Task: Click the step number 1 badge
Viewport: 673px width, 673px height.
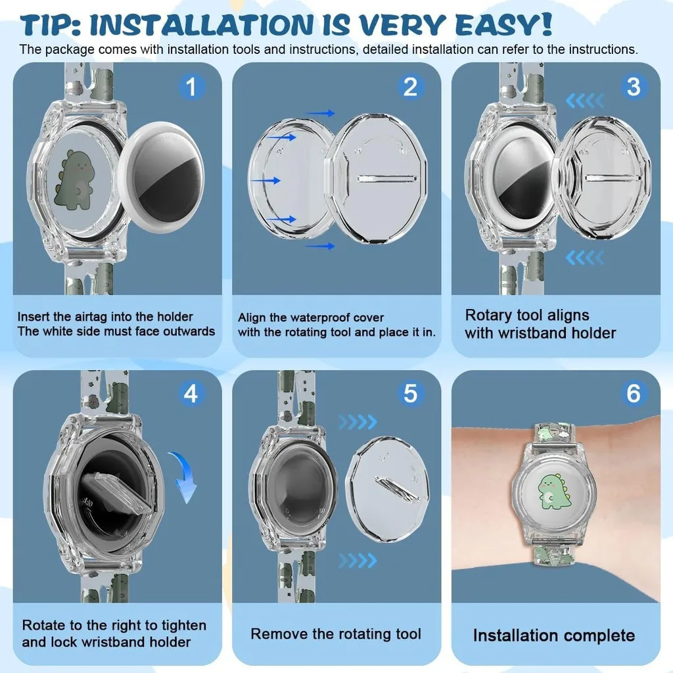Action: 191,87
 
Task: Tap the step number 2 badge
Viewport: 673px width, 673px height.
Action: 410,87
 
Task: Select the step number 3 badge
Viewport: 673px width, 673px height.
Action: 634,87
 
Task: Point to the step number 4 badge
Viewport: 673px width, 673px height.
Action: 191,393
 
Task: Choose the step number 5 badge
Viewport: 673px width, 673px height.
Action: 410,393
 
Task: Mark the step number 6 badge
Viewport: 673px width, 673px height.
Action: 634,393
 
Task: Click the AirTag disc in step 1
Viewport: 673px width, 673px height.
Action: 162,177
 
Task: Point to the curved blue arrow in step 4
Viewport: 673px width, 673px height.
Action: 183,476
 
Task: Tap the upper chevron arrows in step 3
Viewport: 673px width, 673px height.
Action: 585,101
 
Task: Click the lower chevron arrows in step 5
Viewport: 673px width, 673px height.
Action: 358,560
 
